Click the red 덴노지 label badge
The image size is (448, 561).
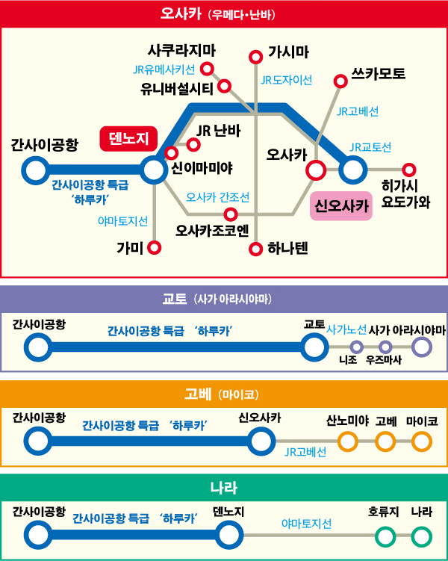(128, 138)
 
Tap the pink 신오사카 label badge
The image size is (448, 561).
(341, 205)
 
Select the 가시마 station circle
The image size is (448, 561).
(255, 57)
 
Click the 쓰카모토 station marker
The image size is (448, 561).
(340, 81)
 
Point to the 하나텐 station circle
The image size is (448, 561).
(255, 249)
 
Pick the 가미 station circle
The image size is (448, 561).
(154, 247)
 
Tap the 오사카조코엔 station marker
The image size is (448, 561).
(231, 214)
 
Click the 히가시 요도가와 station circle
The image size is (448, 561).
(408, 170)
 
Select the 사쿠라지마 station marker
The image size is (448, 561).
(207, 68)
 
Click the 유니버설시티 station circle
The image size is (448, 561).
(224, 86)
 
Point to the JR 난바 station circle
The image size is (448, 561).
(193, 144)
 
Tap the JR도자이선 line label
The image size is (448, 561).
(287, 80)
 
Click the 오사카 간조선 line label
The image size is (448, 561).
(217, 197)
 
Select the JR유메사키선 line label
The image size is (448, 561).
(164, 69)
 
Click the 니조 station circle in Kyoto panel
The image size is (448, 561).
(356, 347)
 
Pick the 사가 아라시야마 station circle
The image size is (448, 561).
(422, 347)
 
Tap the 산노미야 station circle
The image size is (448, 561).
(347, 441)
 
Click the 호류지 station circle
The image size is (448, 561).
(385, 536)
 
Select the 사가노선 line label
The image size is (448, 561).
(346, 329)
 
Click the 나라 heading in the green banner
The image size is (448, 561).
(224, 488)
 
